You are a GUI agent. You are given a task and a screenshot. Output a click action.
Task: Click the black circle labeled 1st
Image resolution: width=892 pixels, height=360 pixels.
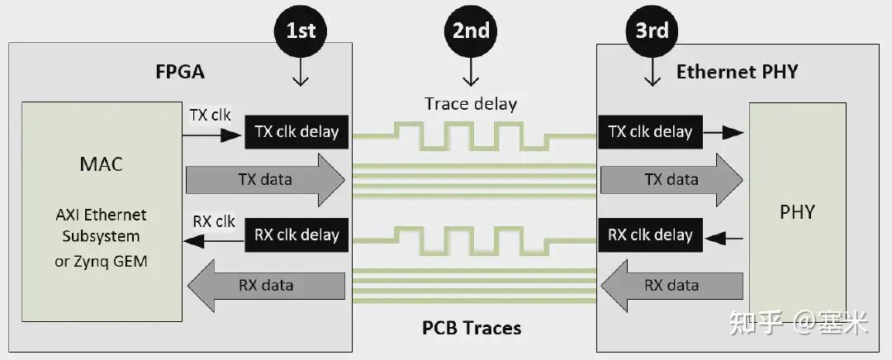[x=300, y=31]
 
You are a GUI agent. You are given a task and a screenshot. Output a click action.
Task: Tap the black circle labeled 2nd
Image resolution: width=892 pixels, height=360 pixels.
[x=471, y=31]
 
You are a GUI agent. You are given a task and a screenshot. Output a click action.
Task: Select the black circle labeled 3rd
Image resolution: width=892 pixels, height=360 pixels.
[x=652, y=31]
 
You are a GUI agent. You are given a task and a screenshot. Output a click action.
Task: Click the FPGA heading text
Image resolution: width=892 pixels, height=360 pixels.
[x=180, y=72]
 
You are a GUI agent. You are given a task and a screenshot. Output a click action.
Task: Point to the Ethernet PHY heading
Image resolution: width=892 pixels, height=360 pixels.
[x=737, y=72]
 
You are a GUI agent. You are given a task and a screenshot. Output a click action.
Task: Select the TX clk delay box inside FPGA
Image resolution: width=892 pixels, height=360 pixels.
[x=297, y=132]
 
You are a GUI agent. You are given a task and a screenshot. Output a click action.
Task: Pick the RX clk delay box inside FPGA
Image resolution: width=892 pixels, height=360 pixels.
[x=297, y=235]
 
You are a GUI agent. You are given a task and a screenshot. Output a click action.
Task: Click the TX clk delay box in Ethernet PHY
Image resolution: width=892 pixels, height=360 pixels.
[x=650, y=131]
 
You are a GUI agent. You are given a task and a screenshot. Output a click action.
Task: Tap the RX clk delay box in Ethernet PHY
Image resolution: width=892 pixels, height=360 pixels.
[x=650, y=234]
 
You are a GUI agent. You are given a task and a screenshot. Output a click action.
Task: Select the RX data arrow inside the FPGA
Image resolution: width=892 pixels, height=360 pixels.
[x=266, y=286]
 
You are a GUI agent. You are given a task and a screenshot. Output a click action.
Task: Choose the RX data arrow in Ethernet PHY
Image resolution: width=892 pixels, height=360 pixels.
[x=671, y=286]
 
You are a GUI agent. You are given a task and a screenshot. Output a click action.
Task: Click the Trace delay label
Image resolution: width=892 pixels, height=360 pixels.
[x=471, y=104]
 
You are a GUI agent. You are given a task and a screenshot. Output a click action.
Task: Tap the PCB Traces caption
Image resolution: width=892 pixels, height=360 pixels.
[x=472, y=328]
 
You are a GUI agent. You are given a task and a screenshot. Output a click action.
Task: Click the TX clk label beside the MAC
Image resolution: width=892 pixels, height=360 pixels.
[x=211, y=116]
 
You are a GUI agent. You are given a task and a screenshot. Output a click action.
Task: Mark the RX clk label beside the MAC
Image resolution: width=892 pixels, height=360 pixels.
[x=214, y=221]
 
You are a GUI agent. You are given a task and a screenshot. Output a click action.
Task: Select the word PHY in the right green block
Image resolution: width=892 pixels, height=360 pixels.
[x=797, y=212]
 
